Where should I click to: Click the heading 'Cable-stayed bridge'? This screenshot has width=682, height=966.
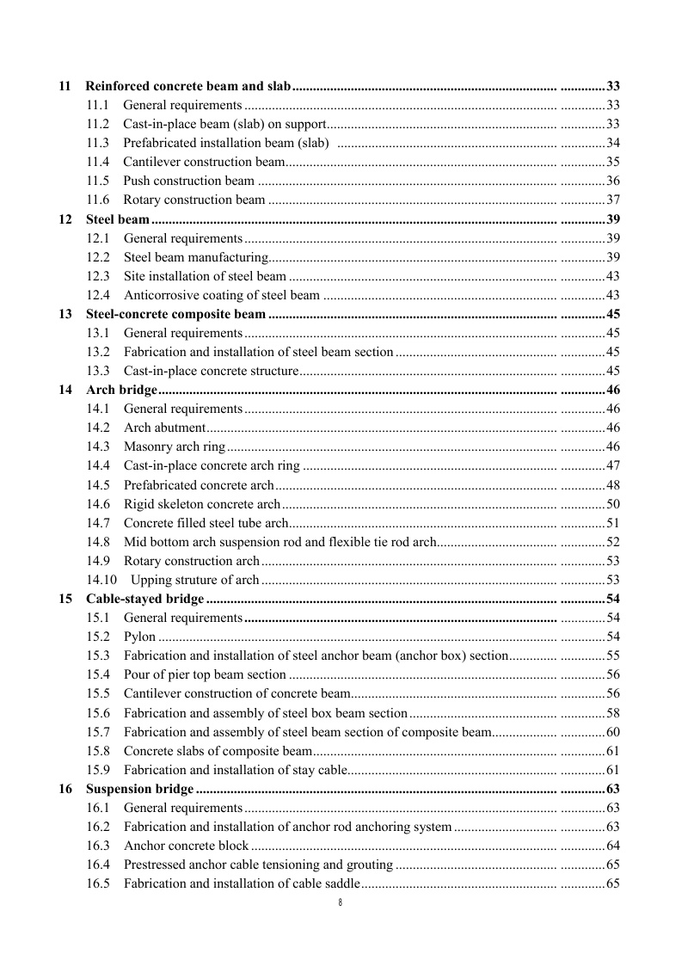145,599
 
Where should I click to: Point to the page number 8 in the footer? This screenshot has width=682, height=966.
341,902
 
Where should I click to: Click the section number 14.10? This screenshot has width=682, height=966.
101,580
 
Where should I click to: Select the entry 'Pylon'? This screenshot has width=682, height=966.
140,637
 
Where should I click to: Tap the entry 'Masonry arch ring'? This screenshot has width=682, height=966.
175,446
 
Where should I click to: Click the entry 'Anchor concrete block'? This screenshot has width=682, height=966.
187,846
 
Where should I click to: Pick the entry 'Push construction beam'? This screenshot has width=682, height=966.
189,181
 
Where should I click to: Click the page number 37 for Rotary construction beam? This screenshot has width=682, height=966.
613,200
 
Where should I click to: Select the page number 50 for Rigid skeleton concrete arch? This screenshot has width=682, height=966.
613,504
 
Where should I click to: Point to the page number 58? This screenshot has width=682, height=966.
613,713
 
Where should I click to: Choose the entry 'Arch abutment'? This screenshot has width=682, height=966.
165,428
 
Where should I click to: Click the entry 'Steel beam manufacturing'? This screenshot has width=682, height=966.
196,257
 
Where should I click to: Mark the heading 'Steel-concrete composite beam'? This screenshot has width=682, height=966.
176,314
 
